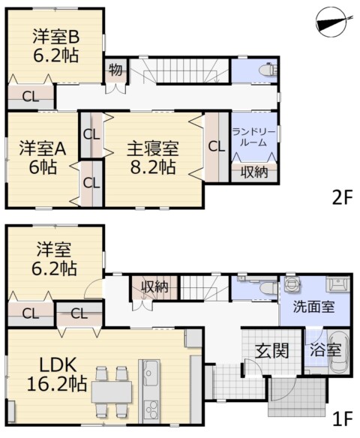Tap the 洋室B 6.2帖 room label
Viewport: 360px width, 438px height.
pos(55,46)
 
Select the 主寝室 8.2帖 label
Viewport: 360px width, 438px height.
pos(153,157)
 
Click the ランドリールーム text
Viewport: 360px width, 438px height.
pos(253,136)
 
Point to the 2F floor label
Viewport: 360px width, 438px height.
pos(343,197)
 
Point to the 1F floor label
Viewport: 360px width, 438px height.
pos(343,418)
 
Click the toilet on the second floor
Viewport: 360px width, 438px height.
pos(268,70)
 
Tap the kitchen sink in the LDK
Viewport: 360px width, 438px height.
pos(151,373)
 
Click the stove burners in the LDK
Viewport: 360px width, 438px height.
pos(151,410)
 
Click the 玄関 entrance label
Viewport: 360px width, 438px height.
pos(272,351)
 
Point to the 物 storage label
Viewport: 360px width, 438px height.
pos(115,70)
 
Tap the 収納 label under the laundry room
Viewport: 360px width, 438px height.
pos(253,172)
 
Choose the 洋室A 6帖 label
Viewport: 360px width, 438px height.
pos(43,157)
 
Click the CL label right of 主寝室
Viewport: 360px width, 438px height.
pos(217,146)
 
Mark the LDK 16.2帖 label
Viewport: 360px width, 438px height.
pos(57,374)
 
